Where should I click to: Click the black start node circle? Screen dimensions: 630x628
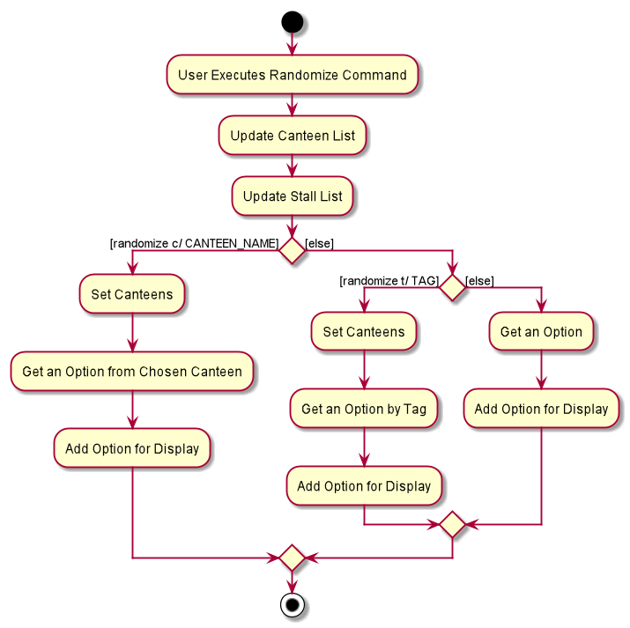(293, 22)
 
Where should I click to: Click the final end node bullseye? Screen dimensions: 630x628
(293, 604)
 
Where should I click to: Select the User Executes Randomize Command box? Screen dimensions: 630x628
(293, 75)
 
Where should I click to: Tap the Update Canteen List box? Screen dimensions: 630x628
(293, 136)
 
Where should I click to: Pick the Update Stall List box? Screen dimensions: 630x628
(293, 196)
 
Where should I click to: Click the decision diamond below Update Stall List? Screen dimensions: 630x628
(293, 250)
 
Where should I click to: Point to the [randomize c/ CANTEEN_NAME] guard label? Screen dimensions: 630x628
(194, 243)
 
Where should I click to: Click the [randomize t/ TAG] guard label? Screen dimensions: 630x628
(389, 281)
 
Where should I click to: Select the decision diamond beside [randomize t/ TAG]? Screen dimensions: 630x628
(452, 287)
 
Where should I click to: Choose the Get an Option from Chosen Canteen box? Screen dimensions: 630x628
(132, 372)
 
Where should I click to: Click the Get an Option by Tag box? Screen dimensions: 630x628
(364, 409)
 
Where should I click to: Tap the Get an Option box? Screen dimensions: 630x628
(541, 332)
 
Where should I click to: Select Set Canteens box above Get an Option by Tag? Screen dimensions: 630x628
(364, 332)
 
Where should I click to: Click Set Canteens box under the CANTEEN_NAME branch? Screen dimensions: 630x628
(132, 294)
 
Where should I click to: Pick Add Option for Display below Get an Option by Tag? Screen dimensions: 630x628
(364, 486)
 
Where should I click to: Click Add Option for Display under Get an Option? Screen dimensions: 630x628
(541, 409)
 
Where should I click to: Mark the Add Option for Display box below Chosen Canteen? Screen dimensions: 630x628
(132, 448)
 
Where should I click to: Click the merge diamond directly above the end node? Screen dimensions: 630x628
(293, 558)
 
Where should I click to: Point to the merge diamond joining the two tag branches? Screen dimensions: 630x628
(452, 524)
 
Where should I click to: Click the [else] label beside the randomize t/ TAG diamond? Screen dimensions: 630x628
(479, 281)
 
